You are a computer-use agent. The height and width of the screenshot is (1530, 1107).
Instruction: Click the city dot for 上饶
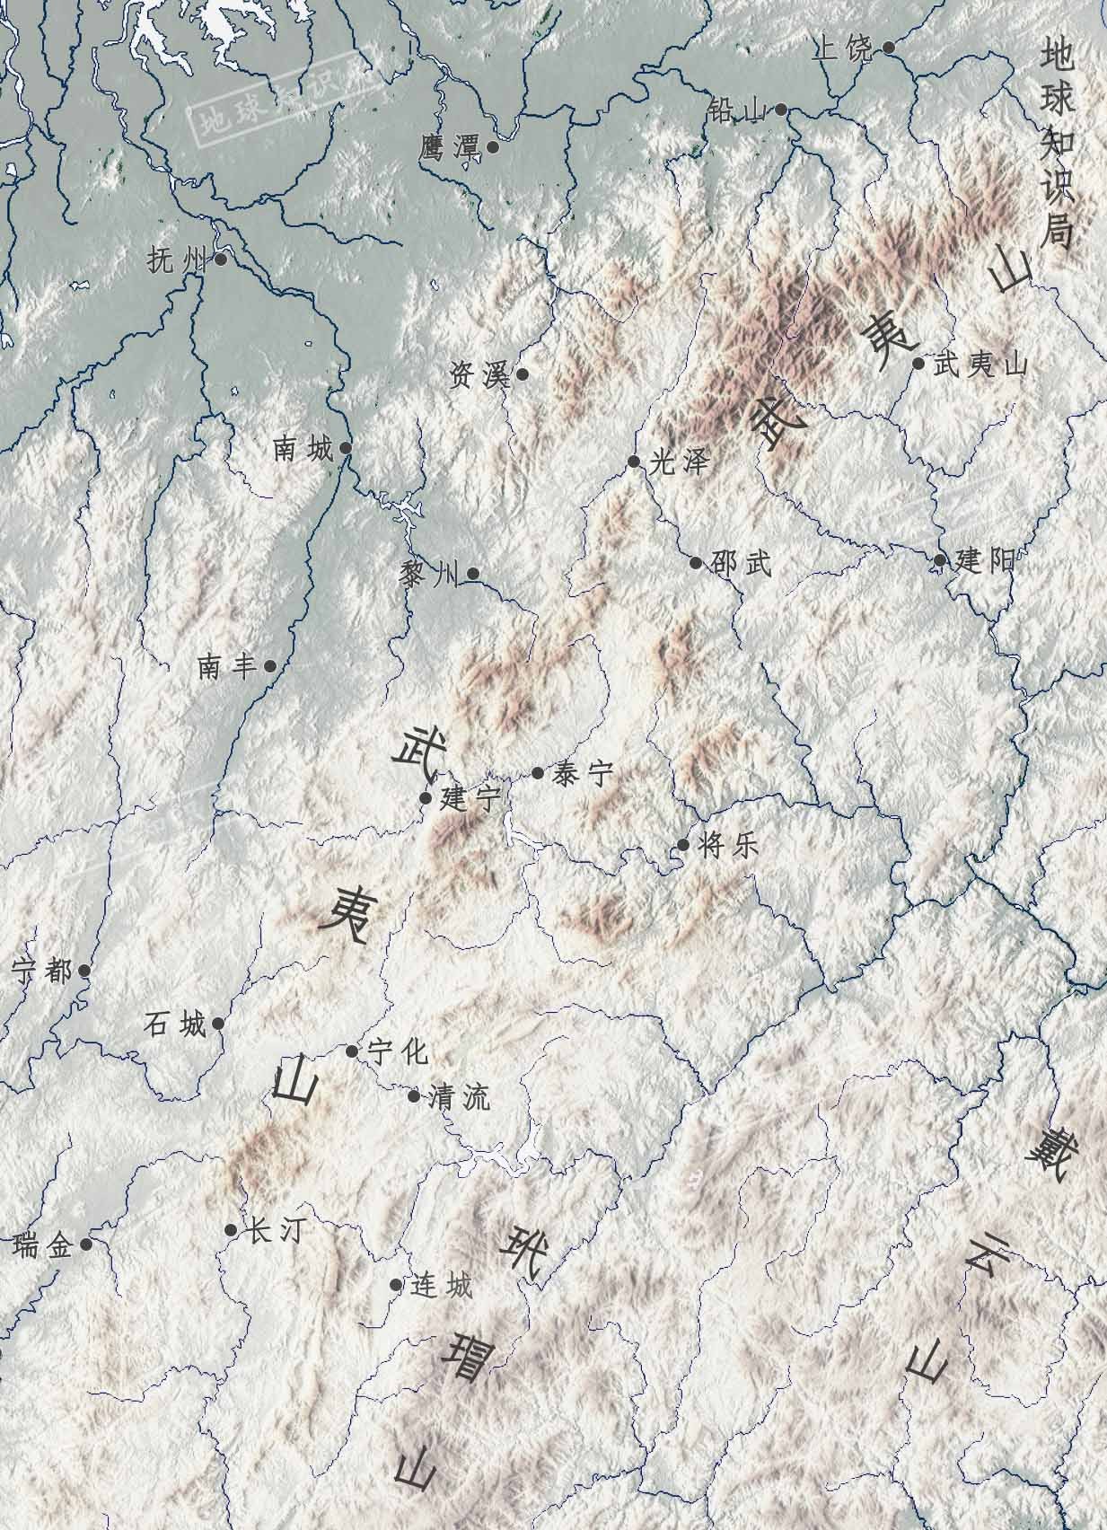tap(888, 48)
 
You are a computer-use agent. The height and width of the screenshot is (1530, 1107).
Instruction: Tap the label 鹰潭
tap(447, 147)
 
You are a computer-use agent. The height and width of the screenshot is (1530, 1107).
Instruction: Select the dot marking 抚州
tap(220, 259)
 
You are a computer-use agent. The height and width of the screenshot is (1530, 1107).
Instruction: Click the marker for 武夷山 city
tap(918, 364)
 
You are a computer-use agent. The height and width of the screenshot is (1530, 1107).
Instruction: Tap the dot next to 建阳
tap(939, 561)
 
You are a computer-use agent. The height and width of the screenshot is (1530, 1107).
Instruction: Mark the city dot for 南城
tap(345, 446)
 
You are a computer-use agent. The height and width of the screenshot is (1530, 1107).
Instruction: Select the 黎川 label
tap(428, 575)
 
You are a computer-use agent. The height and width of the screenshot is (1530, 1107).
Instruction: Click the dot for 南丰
tap(269, 666)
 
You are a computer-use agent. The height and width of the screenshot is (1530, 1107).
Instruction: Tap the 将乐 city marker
tap(683, 845)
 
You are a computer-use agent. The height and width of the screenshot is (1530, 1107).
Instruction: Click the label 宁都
tap(41, 971)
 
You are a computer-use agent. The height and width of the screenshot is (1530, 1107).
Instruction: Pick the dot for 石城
tap(217, 1024)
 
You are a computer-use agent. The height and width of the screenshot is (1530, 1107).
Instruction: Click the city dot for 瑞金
tap(85, 1244)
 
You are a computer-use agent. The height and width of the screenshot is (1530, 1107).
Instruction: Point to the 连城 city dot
tap(396, 1285)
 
